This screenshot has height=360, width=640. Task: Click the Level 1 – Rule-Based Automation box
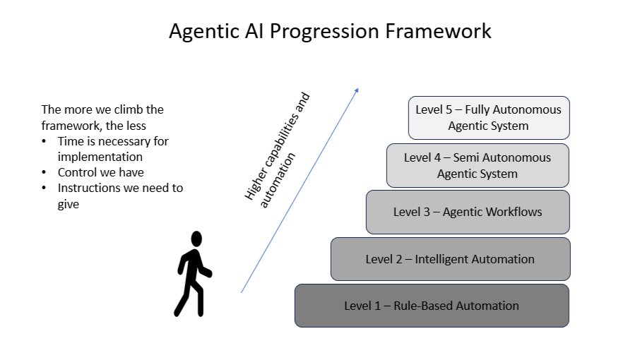pos(432,306)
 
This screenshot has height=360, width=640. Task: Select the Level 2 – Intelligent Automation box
pos(450,259)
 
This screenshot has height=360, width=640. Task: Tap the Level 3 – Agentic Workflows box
pos(468,212)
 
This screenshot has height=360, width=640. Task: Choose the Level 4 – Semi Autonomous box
pos(478,165)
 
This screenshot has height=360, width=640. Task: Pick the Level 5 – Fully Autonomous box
pos(489,118)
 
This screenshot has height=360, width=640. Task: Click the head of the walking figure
pos(196,239)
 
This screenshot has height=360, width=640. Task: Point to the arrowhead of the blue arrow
pos(357,90)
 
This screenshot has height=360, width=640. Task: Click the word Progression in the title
pos(325,32)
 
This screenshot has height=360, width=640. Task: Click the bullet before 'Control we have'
pos(44,173)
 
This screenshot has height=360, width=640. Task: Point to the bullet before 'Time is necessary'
pos(44,142)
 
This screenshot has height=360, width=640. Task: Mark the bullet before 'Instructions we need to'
pos(44,188)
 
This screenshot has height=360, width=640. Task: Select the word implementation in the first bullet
pos(100,157)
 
